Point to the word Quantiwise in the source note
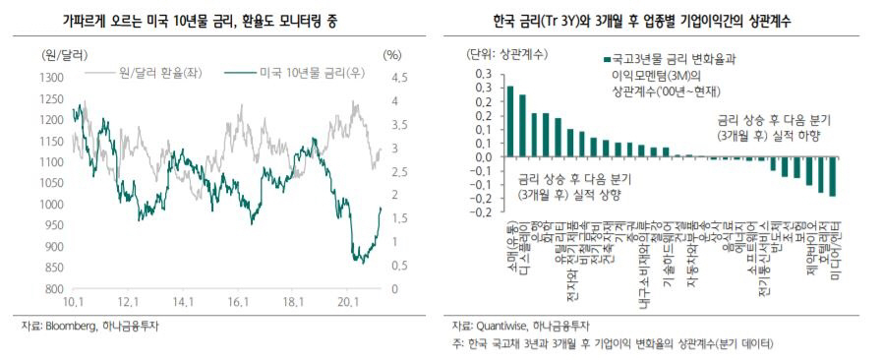505,326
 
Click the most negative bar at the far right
832,176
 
